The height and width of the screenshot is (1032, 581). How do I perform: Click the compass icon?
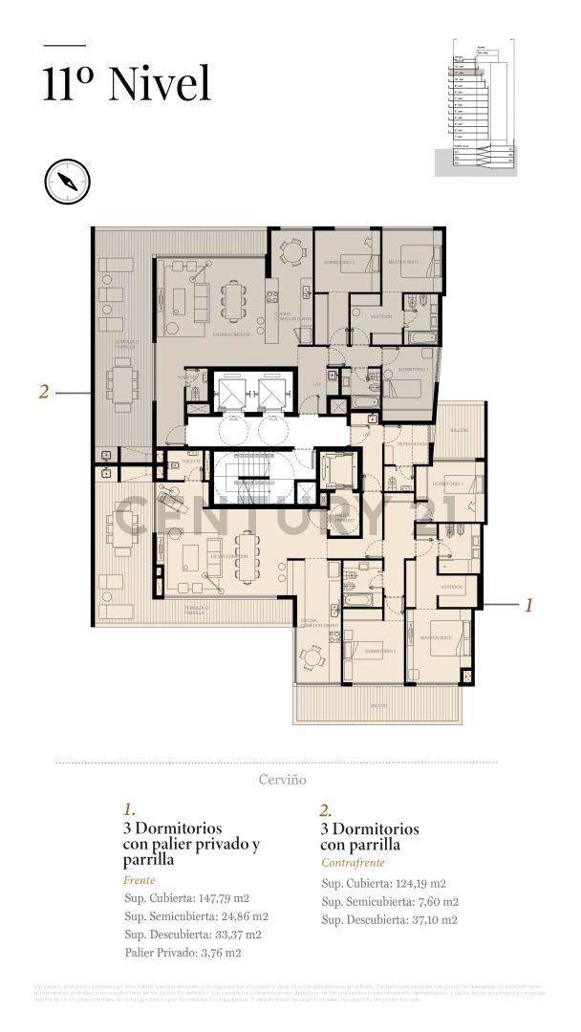click(x=66, y=180)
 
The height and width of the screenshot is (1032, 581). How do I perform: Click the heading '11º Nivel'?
click(x=126, y=84)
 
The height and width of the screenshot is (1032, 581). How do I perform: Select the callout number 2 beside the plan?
click(x=43, y=390)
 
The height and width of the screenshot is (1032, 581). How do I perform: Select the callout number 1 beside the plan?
click(x=528, y=604)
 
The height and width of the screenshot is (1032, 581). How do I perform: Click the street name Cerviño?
click(x=283, y=780)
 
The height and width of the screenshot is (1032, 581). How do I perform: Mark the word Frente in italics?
click(x=140, y=879)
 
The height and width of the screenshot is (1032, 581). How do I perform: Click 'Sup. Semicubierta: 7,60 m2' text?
click(x=390, y=901)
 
